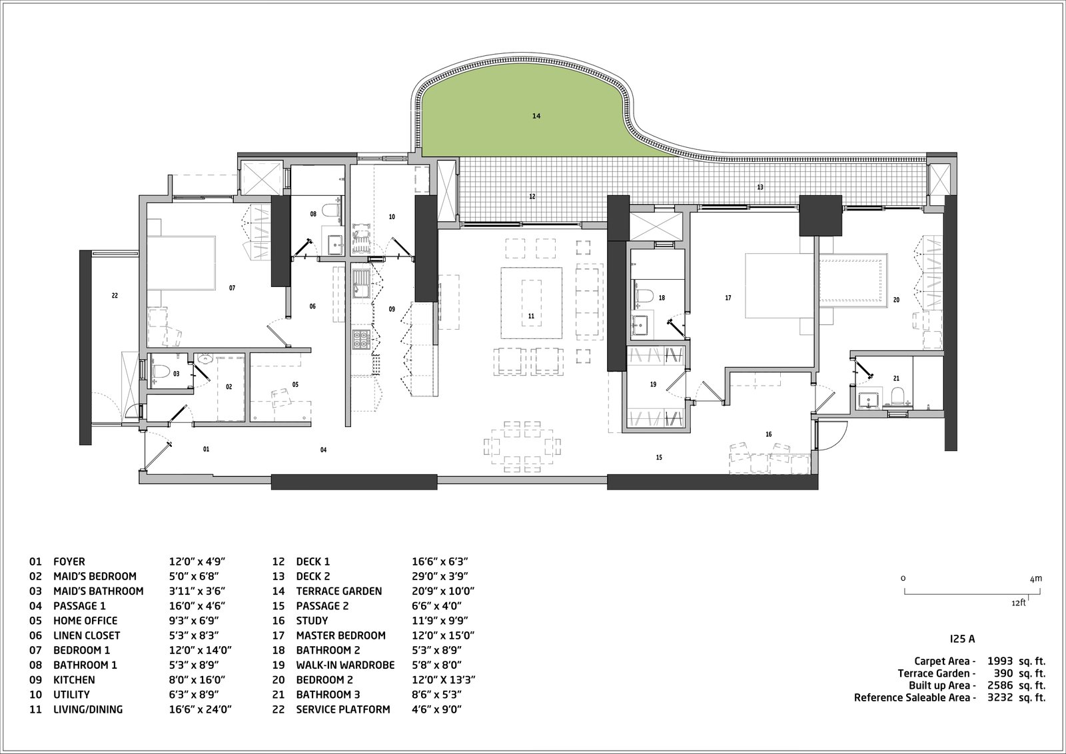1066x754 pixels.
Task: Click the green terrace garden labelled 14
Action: [x=526, y=127]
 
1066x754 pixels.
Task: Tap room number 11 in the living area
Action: [x=531, y=316]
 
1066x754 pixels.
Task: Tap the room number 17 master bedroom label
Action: [x=728, y=298]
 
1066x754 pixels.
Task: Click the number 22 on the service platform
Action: [x=115, y=295]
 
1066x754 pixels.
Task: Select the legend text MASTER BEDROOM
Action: [x=340, y=635]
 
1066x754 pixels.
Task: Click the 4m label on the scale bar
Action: [x=1035, y=579]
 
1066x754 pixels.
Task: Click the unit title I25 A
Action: [x=962, y=638]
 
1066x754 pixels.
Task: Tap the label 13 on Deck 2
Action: [x=760, y=188]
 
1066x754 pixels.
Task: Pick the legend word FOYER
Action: [x=69, y=562]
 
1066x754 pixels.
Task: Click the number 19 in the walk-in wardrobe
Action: [x=653, y=384]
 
